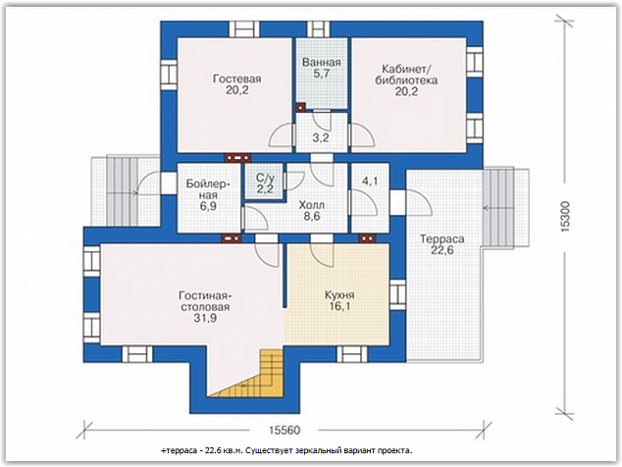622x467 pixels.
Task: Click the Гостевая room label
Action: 236,84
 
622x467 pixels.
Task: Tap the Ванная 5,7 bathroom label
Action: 322,68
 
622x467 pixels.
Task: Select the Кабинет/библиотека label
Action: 406,80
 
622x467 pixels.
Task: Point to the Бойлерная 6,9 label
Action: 208,195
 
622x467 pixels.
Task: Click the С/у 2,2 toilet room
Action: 265,182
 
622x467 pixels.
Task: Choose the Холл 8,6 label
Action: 312,210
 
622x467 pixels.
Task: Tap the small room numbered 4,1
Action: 370,182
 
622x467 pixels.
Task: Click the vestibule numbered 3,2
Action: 321,138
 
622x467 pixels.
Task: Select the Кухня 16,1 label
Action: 339,300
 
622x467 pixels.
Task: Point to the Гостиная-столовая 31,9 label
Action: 205,306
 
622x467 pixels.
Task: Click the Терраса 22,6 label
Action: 441,244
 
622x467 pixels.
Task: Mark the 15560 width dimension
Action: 285,430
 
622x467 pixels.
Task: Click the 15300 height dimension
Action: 565,217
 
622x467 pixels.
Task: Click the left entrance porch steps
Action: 123,191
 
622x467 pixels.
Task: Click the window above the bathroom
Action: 319,29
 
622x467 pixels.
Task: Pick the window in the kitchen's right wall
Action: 397,294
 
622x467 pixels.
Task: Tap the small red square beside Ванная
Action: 301,107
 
